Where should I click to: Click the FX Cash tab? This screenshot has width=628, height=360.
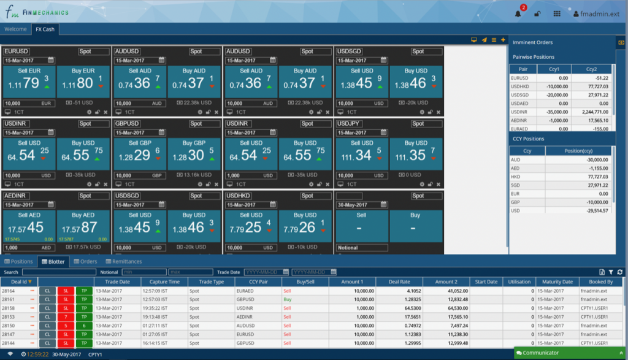44,29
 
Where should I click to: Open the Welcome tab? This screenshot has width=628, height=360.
15,29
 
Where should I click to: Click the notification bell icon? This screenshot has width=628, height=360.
518,13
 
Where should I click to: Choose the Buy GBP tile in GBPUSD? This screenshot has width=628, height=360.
195,155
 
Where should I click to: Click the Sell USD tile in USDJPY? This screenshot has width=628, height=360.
362,155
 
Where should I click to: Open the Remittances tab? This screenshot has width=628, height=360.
123,261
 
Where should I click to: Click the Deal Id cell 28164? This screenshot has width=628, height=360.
9,291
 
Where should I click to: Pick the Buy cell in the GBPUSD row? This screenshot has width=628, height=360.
288,299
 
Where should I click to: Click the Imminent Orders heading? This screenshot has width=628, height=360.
532,42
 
